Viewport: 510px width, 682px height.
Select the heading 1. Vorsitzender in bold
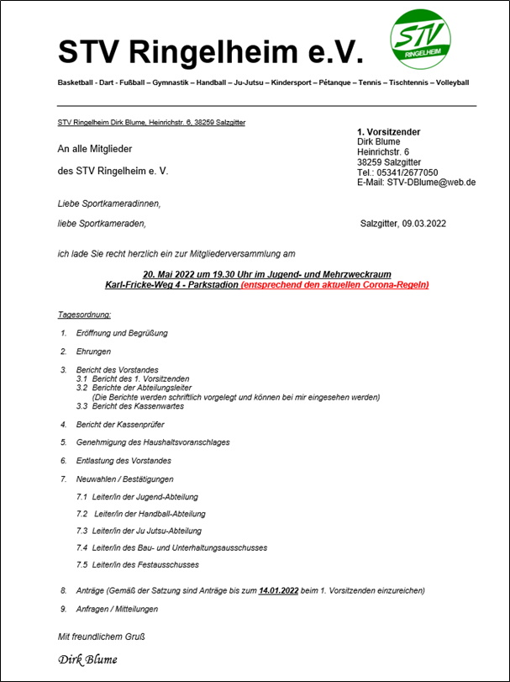pyautogui.click(x=388, y=132)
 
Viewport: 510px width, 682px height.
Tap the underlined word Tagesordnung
pyautogui.click(x=84, y=315)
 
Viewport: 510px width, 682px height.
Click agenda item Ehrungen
pyautogui.click(x=93, y=352)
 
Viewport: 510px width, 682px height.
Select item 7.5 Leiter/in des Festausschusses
pyautogui.click(x=139, y=564)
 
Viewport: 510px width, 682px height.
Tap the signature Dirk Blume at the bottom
pyautogui.click(x=87, y=659)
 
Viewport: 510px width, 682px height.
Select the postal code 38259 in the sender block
pyautogui.click(x=371, y=162)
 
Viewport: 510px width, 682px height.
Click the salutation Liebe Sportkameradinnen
pyautogui.click(x=108, y=204)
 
